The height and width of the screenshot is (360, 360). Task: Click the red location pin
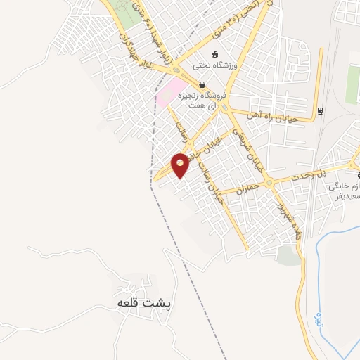pyautogui.click(x=181, y=165)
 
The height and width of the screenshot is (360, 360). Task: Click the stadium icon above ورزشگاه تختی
pyautogui.click(x=214, y=54)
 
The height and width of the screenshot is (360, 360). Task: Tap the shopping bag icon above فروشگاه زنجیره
pyautogui.click(x=202, y=84)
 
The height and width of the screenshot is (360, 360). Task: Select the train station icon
pyautogui.click(x=321, y=110)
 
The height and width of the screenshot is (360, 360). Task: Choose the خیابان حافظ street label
pyautogui.click(x=212, y=148)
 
